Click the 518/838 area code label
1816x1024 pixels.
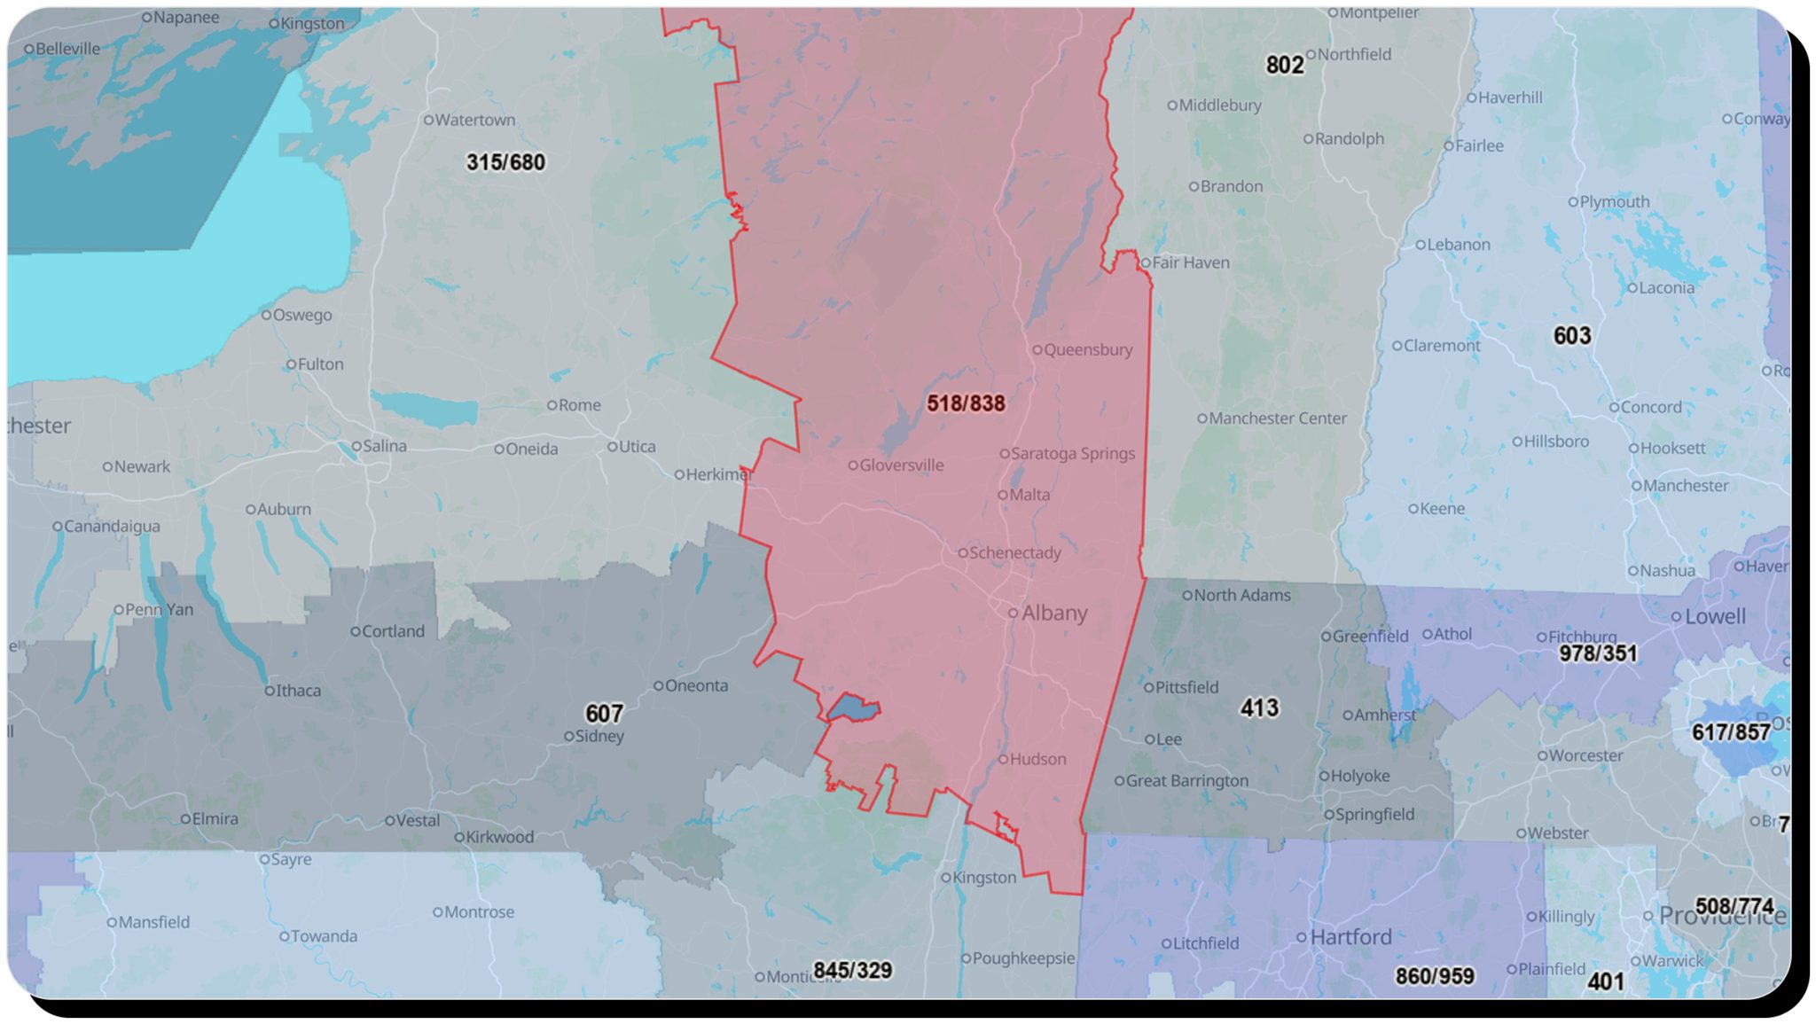pyautogui.click(x=966, y=403)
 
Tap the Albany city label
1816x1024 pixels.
pyautogui.click(x=1053, y=613)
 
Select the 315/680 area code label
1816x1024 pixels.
pyautogui.click(x=505, y=162)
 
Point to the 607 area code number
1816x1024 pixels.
pyautogui.click(x=604, y=714)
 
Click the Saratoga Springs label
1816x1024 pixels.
pyautogui.click(x=1072, y=453)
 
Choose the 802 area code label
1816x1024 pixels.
pyautogui.click(x=1284, y=65)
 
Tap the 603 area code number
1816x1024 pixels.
pyautogui.click(x=1571, y=336)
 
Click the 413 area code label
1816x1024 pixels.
pyautogui.click(x=1259, y=707)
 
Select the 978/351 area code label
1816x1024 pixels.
pyautogui.click(x=1598, y=653)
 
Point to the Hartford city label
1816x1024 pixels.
pyautogui.click(x=1350, y=936)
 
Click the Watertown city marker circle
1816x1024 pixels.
pyautogui.click(x=428, y=120)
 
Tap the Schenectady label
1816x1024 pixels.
pyautogui.click(x=1014, y=552)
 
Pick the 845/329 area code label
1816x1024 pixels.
pyautogui.click(x=852, y=970)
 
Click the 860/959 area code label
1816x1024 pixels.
pyautogui.click(x=1434, y=976)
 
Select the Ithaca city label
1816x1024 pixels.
pyautogui.click(x=298, y=690)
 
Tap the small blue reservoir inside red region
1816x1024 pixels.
pyautogui.click(x=853, y=708)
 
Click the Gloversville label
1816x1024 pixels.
pyautogui.click(x=900, y=465)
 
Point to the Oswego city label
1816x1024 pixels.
pyautogui.click(x=301, y=315)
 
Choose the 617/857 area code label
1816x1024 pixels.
pyautogui.click(x=1730, y=732)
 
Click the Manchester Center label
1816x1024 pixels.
pyautogui.click(x=1277, y=418)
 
